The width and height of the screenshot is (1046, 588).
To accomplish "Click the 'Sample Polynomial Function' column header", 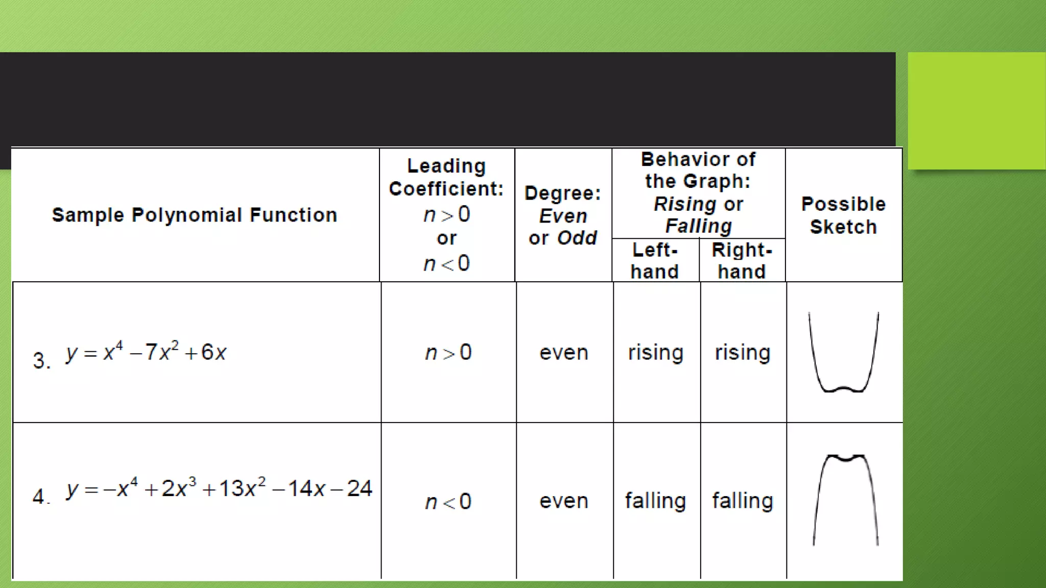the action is click(x=195, y=215).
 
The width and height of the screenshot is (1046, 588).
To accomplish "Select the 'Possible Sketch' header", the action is click(x=843, y=215).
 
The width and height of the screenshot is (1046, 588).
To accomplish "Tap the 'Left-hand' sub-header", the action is click(x=655, y=261).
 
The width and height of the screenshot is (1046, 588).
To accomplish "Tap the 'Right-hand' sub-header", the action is click(x=742, y=261).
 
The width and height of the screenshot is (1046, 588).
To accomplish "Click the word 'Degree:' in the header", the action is click(x=563, y=193).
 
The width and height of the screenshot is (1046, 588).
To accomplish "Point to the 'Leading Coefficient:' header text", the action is click(x=446, y=177).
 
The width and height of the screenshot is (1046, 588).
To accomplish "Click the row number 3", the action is click(x=41, y=360).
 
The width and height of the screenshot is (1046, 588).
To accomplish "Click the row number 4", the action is click(x=40, y=496).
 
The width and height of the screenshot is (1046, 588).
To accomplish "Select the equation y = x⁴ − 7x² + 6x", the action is click(x=146, y=352).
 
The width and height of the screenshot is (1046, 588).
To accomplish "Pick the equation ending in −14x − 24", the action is click(x=220, y=488).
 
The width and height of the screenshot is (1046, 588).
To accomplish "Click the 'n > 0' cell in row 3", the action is click(x=448, y=353).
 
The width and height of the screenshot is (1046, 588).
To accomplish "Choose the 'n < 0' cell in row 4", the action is click(x=448, y=502).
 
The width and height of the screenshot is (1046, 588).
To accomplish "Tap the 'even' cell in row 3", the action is click(x=564, y=353).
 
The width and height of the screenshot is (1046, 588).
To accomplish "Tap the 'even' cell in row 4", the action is click(x=564, y=501).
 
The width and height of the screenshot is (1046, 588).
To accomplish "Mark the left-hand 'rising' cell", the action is click(x=656, y=353).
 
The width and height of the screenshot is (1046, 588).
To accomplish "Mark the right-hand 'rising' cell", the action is click(x=743, y=353).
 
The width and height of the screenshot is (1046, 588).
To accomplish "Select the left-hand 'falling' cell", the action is click(x=656, y=501).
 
